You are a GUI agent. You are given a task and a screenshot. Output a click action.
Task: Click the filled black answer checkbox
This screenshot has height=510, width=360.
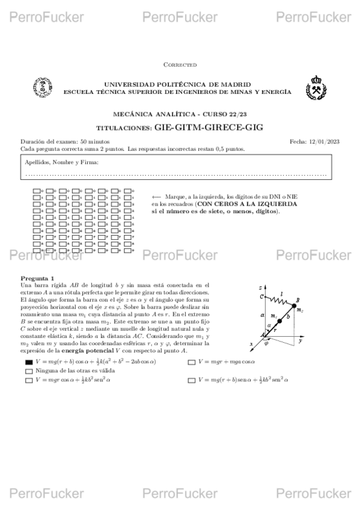point(28,362)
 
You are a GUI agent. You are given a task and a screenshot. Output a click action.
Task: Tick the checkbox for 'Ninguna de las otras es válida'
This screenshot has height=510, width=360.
point(28,372)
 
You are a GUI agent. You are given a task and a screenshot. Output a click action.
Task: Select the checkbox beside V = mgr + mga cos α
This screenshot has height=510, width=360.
point(191,362)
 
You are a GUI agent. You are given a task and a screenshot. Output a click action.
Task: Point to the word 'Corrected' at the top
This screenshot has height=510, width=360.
point(180,64)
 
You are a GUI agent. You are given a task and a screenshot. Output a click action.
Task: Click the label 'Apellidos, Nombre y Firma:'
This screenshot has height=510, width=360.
point(62,162)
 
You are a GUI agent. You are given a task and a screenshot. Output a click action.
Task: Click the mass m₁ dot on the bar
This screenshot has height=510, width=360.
point(279,322)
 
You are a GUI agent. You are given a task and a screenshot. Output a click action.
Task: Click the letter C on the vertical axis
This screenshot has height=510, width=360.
point(261,296)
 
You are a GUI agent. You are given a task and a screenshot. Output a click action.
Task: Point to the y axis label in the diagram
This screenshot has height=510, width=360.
point(299,341)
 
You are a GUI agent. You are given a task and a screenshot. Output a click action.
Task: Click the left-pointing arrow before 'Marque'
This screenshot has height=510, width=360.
point(156,197)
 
